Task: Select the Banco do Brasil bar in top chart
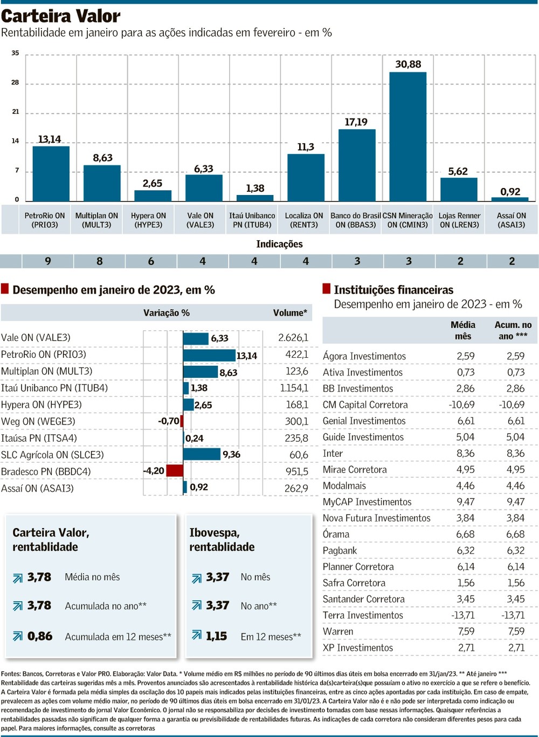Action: click(x=356, y=165)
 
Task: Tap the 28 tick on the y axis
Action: click(x=15, y=82)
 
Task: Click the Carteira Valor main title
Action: click(x=61, y=16)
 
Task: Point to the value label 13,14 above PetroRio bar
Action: click(x=49, y=139)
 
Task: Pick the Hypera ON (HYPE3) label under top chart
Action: click(x=148, y=220)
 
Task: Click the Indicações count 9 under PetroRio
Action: click(x=48, y=261)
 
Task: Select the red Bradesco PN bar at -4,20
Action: click(x=175, y=471)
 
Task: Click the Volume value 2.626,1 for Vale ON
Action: click(x=293, y=338)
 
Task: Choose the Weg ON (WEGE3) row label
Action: click(x=38, y=421)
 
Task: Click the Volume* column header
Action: click(x=290, y=313)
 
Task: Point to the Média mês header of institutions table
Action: click(x=463, y=330)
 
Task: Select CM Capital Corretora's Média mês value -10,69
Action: click(x=461, y=405)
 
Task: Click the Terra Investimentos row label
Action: click(x=363, y=615)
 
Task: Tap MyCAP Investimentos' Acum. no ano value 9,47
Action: click(x=515, y=502)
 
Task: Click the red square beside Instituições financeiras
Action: click(x=326, y=289)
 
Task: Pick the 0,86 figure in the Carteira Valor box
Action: click(x=40, y=636)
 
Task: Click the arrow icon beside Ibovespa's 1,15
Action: click(x=197, y=636)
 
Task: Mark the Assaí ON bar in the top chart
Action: click(x=510, y=199)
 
